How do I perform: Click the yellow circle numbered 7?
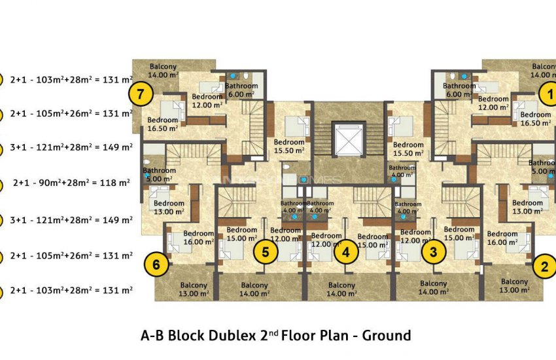click(141, 94)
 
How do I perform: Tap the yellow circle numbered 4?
click(346, 251)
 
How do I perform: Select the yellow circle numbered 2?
click(544, 266)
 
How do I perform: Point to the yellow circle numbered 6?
click(156, 264)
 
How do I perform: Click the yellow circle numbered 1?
click(549, 94)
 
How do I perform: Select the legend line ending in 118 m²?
click(71, 183)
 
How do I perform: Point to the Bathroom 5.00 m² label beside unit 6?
click(158, 175)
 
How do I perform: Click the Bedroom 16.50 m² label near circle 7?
click(163, 124)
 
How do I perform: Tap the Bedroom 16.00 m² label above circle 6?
click(199, 237)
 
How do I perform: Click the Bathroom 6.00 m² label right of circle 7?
click(242, 90)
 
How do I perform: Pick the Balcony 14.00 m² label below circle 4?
click(341, 289)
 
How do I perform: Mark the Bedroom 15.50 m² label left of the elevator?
click(288, 146)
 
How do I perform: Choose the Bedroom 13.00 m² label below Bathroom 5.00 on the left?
click(169, 207)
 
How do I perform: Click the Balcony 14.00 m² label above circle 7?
click(163, 71)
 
